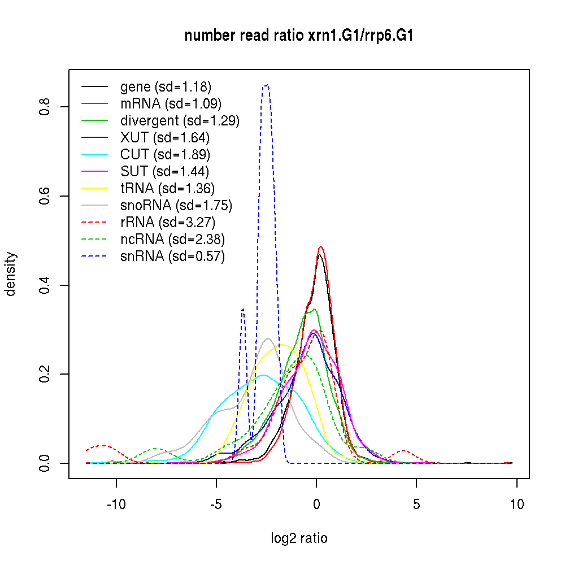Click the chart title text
point(299,36)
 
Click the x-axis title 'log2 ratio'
point(299,538)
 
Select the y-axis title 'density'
point(11,273)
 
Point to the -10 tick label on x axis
point(116,505)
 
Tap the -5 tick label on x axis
point(216,505)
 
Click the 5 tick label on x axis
point(416,505)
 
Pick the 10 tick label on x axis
point(516,505)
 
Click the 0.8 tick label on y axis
point(45,107)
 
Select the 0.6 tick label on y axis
point(45,196)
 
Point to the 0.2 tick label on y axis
point(45,374)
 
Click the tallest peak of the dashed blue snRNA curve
point(266,85)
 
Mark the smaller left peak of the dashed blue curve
point(243,309)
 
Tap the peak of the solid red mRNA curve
point(320,247)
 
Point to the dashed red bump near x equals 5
point(403,450)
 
